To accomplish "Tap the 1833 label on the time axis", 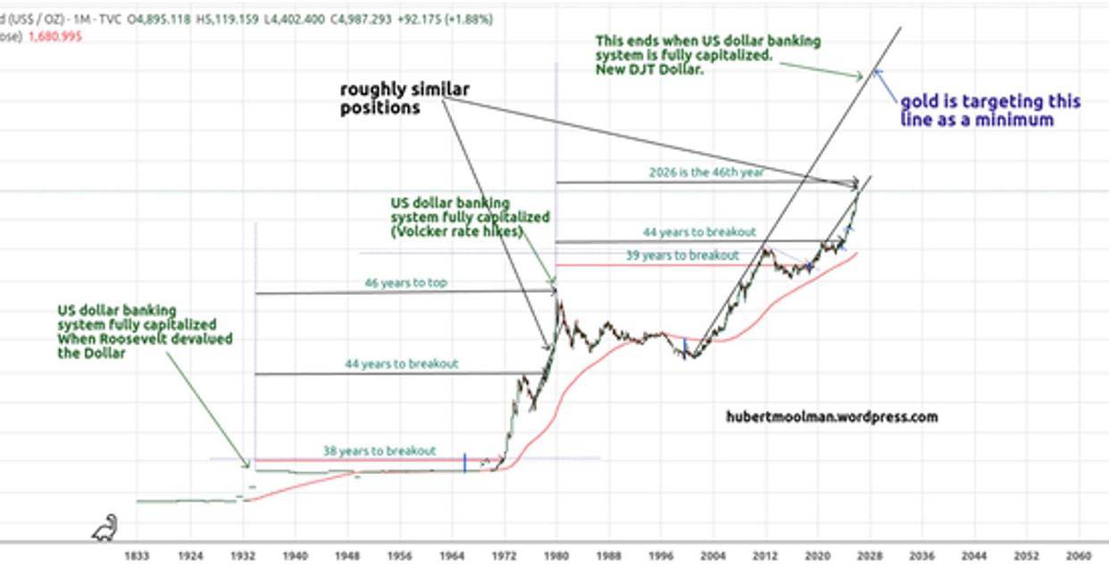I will (x=136, y=554).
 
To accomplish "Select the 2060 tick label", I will (x=1080, y=554).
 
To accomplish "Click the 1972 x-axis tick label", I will (x=505, y=554).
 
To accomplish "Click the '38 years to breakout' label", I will (x=379, y=451).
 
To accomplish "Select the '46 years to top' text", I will (x=406, y=283).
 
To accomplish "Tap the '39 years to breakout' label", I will (x=695, y=255).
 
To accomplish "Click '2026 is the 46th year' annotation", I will (x=706, y=172).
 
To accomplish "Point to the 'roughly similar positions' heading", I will (x=404, y=98).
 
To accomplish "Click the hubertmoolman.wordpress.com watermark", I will (x=831, y=416).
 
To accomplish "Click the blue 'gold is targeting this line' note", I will (x=989, y=111).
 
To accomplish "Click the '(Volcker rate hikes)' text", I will (x=455, y=231).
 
